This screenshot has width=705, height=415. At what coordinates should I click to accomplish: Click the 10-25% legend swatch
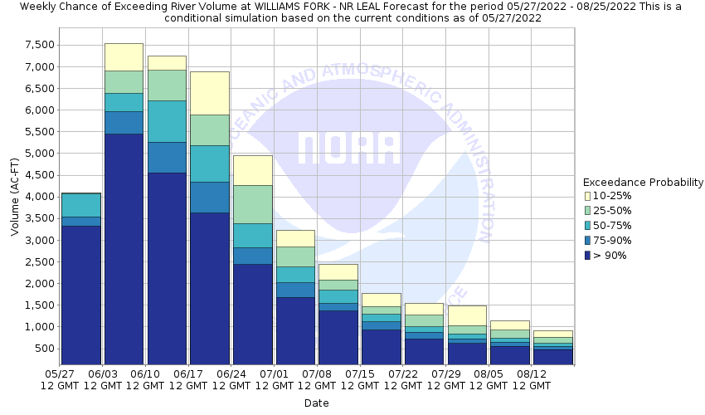(x=587, y=196)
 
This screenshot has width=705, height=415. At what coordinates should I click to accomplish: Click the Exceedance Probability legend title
(x=643, y=182)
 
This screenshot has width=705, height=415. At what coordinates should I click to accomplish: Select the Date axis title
(x=316, y=403)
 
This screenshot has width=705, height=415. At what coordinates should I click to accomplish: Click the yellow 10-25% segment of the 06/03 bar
(x=124, y=56)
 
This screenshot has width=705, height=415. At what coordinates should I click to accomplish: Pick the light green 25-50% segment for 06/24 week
(x=253, y=204)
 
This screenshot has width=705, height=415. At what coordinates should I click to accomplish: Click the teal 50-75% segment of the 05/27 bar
(x=81, y=205)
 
